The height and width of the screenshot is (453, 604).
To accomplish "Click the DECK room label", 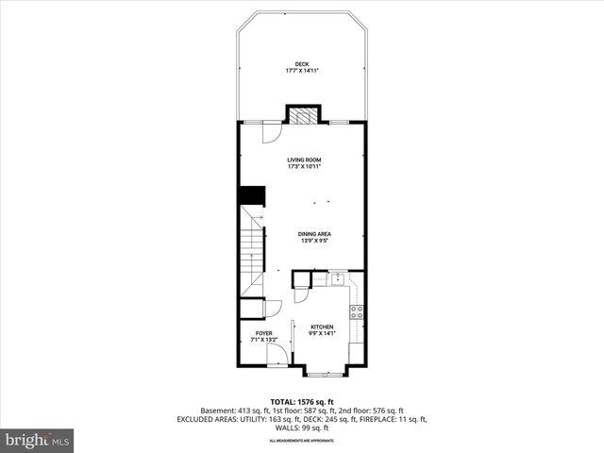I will click(302, 64).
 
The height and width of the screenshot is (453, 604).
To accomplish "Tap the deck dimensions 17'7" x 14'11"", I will click(302, 71).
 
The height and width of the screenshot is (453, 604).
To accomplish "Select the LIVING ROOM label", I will click(304, 160).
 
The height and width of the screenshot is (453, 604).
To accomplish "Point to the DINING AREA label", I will click(314, 233).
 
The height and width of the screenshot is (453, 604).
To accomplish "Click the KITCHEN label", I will click(323, 327).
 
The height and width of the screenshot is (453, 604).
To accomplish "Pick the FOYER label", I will click(261, 332).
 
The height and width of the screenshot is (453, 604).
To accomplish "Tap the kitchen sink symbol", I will click(336, 278).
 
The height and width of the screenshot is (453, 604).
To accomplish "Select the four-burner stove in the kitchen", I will click(358, 310).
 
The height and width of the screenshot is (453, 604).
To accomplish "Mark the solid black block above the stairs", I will click(250, 195).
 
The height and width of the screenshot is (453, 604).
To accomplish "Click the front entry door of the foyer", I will click(277, 354).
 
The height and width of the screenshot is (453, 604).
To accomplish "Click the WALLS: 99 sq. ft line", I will click(301, 428).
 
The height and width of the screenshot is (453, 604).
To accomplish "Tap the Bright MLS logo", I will click(38, 440).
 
